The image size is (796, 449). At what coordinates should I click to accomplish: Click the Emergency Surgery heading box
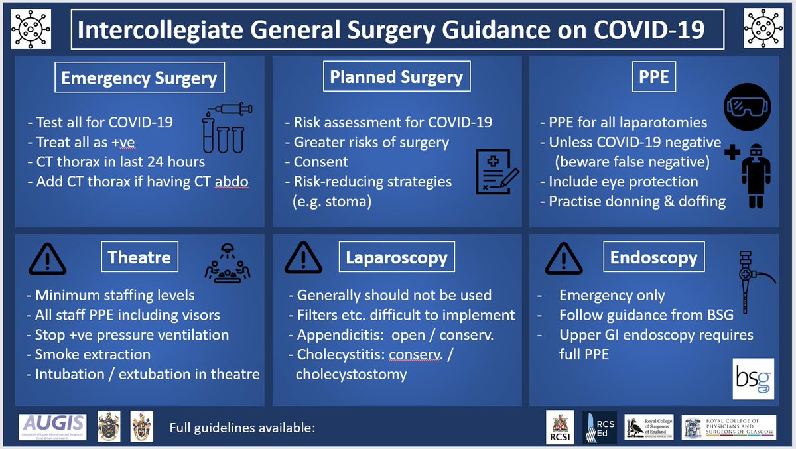coord(139,78)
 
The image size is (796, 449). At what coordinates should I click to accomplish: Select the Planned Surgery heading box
coord(397,78)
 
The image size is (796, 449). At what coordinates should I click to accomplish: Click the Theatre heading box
coord(139,257)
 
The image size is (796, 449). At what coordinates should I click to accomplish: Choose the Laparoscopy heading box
coord(397,257)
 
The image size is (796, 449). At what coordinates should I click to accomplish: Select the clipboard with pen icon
coord(496,172)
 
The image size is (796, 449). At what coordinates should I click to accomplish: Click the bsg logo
coord(753,379)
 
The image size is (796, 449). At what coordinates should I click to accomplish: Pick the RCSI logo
coord(556,427)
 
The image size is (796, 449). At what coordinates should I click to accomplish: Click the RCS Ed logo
coord(599,427)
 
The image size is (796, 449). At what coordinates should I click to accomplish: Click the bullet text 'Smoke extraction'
coord(92,354)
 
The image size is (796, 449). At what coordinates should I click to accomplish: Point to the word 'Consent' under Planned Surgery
coord(320,162)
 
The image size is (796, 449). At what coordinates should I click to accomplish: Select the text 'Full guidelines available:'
coord(241,428)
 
